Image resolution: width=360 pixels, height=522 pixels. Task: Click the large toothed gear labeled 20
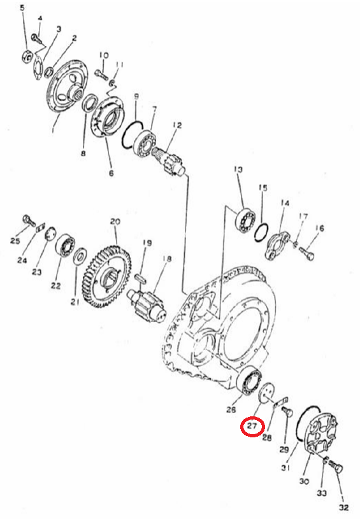pyautogui.click(x=107, y=276)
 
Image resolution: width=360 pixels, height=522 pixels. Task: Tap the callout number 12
pyautogui.click(x=177, y=125)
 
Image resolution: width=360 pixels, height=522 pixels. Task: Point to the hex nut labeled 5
pyautogui.click(x=27, y=57)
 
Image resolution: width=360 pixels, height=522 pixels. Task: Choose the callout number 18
pyautogui.click(x=167, y=258)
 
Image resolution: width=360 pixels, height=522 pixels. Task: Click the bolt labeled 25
pyautogui.click(x=29, y=220)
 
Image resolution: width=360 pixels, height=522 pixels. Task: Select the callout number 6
pyautogui.click(x=112, y=173)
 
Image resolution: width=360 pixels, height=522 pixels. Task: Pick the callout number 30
pyautogui.click(x=304, y=481)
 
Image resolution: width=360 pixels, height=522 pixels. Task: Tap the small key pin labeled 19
pyautogui.click(x=140, y=278)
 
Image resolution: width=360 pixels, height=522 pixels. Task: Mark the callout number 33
pyautogui.click(x=322, y=493)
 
